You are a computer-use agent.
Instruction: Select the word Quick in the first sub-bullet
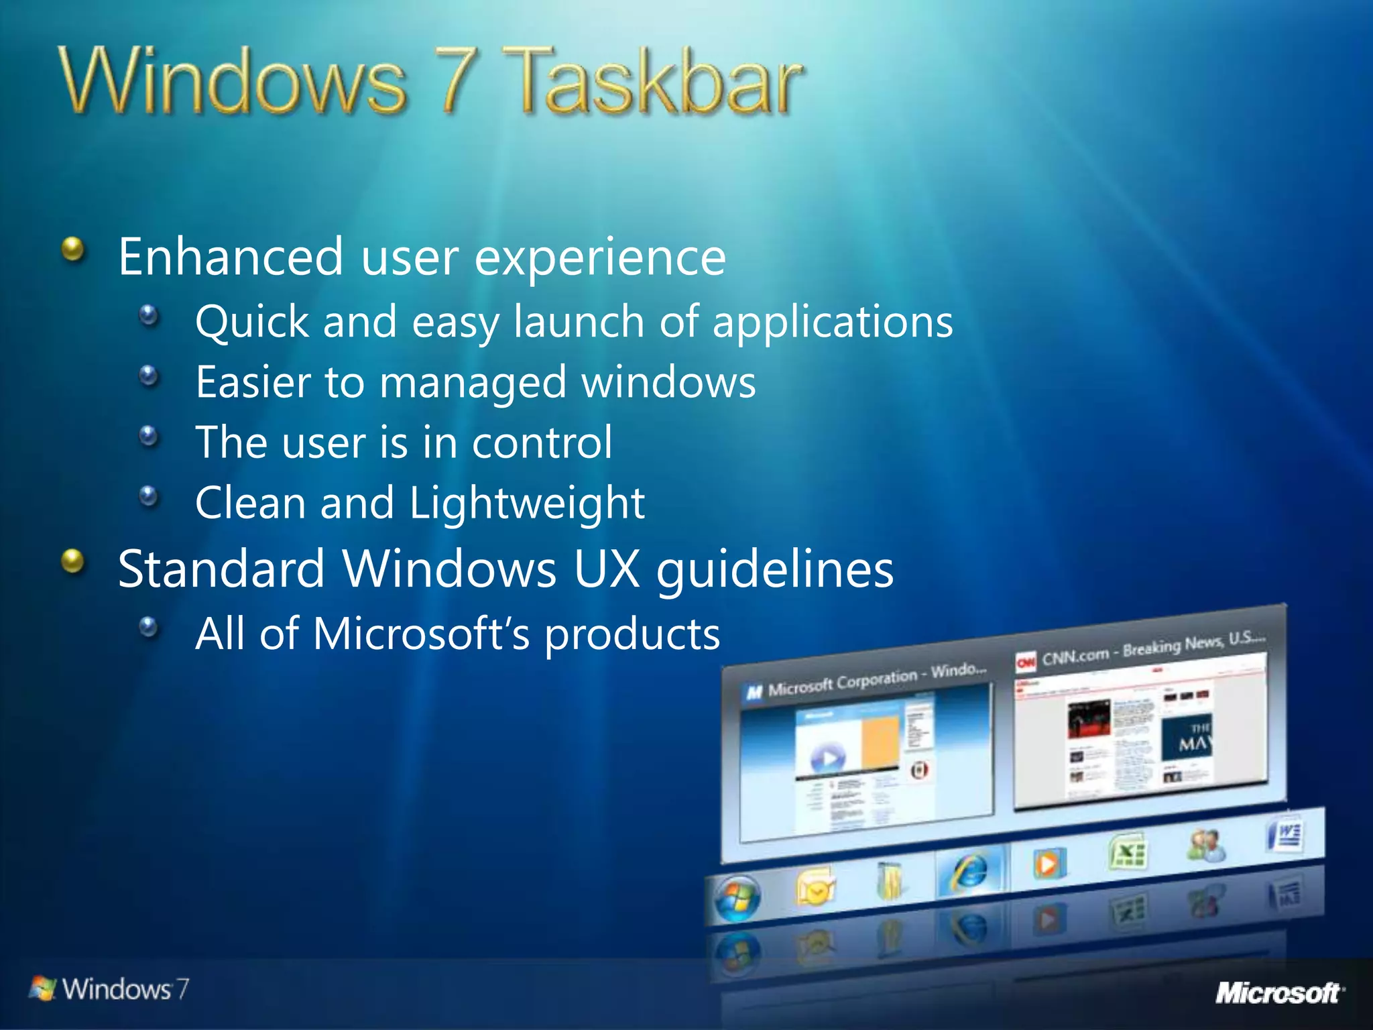pos(251,322)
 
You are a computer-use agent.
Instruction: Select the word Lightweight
pos(526,504)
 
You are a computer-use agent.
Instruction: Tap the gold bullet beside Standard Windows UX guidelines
pos(73,562)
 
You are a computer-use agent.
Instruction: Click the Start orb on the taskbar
pos(737,899)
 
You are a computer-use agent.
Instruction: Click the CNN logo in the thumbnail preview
pos(1026,663)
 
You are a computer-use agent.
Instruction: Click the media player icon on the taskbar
pos(1048,863)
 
